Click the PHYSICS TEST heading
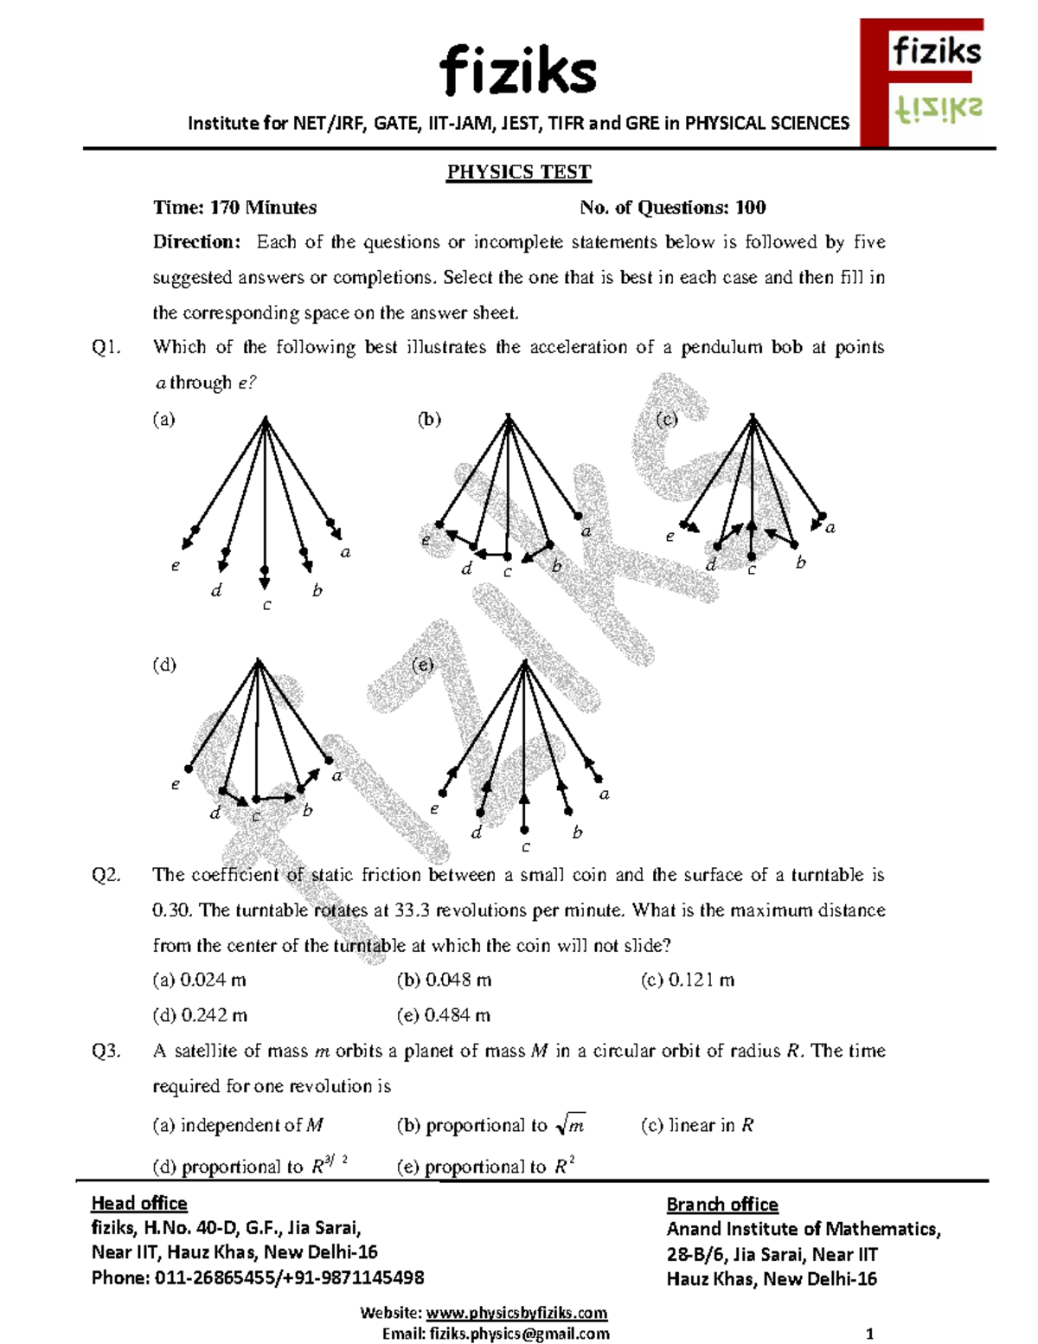[x=518, y=172]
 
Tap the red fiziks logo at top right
[x=922, y=82]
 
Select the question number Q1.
[x=106, y=348]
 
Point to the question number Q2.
[x=106, y=875]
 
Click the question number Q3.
[x=106, y=1051]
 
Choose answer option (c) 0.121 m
[x=687, y=980]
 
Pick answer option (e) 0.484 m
[x=443, y=1015]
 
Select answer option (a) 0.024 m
[x=199, y=980]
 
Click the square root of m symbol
[x=571, y=1125]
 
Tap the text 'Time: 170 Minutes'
[x=234, y=208]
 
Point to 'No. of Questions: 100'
[x=672, y=208]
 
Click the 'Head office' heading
[x=139, y=1203]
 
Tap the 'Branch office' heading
[x=721, y=1205]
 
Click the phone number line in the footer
[x=257, y=1277]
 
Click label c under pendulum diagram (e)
[x=525, y=848]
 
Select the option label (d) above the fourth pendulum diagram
[x=163, y=665]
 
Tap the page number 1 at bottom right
[x=869, y=1334]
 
